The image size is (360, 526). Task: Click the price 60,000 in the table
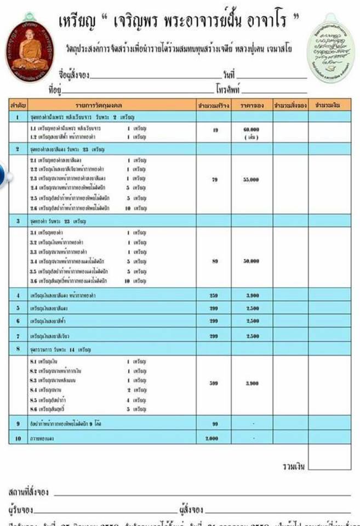(250, 129)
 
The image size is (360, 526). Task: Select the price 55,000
(250, 179)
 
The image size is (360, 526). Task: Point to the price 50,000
(250, 261)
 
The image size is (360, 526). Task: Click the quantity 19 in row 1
(215, 130)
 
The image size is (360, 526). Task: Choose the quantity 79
(215, 179)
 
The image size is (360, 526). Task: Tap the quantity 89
(215, 261)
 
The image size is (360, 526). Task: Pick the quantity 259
(214, 296)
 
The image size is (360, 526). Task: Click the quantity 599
(214, 383)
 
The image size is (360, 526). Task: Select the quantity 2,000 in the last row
(212, 439)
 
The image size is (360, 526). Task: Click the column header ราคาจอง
(251, 105)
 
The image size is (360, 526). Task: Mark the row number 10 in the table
(18, 439)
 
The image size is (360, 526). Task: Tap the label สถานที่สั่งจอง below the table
(29, 490)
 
